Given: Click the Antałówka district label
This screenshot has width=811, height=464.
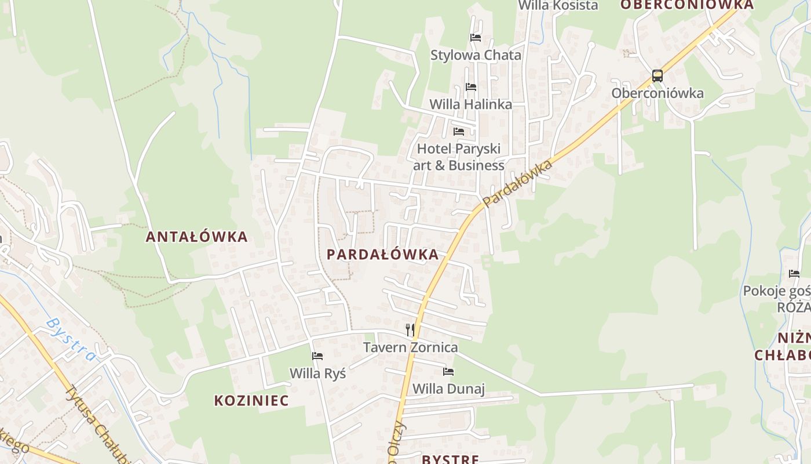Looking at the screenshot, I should tap(196, 237).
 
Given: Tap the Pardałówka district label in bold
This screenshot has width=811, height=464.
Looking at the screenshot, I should tap(382, 255).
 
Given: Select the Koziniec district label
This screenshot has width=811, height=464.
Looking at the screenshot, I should tap(251, 400).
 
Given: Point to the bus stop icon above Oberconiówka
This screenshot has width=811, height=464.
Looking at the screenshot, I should tap(657, 76).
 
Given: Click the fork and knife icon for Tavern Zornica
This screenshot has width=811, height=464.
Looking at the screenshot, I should tap(410, 330).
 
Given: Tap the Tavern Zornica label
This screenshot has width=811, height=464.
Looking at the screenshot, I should tap(410, 347).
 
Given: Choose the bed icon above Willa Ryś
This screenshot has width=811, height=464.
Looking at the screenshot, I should tap(317, 356).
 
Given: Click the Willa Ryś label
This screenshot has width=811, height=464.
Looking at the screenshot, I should tap(317, 374).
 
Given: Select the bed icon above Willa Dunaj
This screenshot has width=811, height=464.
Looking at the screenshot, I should tap(448, 371).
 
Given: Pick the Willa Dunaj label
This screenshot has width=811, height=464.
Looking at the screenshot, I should tap(448, 389).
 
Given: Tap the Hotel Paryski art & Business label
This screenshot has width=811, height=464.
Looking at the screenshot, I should tap(458, 157).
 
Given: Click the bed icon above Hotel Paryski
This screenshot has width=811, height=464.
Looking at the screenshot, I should tap(459, 131).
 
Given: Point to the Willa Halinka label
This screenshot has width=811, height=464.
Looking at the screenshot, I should tap(470, 104).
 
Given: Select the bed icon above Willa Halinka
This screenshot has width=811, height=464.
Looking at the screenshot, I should tap(470, 87).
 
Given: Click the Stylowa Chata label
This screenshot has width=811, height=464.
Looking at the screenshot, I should tap(476, 55).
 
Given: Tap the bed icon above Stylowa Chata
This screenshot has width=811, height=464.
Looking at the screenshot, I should tap(476, 38).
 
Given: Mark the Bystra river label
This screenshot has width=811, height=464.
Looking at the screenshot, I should tap(71, 339).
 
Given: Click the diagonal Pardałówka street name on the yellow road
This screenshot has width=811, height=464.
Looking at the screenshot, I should tap(517, 183).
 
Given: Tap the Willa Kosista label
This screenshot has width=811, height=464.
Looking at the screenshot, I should tap(558, 6).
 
